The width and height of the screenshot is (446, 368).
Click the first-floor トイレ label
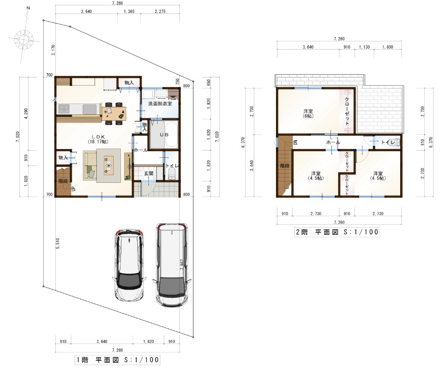(x=171, y=166)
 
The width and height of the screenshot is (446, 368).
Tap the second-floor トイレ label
(x=388, y=142)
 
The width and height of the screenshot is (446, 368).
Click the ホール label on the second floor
(x=333, y=142)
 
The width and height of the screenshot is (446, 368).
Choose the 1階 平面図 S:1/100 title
(x=118, y=359)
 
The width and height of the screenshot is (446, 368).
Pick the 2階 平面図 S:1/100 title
(x=337, y=232)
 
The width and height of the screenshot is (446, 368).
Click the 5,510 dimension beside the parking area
(x=58, y=243)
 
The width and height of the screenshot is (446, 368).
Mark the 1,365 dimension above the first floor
(x=129, y=12)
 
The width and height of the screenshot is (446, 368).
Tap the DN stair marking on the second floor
(x=295, y=142)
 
